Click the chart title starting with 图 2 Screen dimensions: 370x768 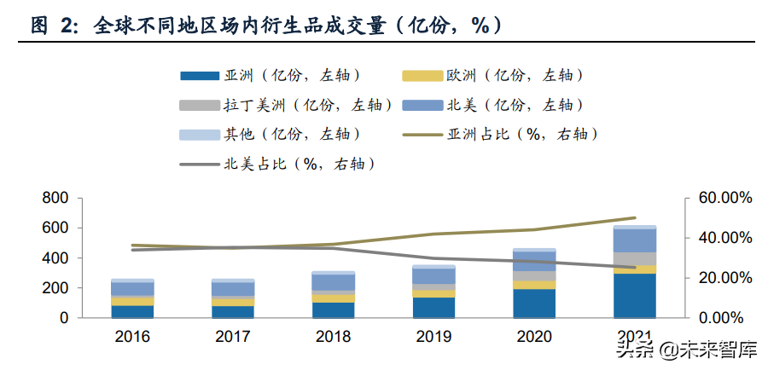265,26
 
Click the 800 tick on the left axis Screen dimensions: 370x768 55,198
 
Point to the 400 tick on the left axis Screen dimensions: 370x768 55,257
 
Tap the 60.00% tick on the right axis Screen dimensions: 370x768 721,198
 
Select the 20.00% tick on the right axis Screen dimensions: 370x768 721,278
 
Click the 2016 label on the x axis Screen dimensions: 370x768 132,337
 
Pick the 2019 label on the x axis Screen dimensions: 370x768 433,337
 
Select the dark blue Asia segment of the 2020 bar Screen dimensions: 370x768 533,303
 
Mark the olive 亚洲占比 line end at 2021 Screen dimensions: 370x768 634,218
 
